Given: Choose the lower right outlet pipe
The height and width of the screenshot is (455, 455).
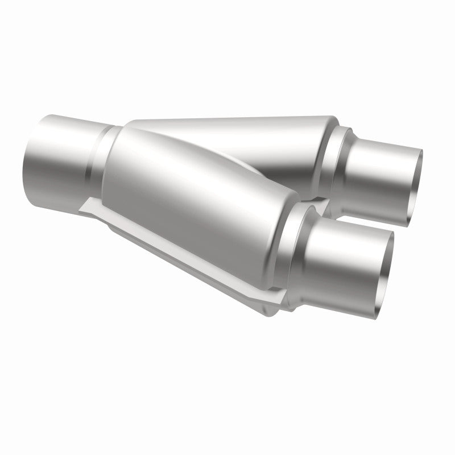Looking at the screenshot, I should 353,256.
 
